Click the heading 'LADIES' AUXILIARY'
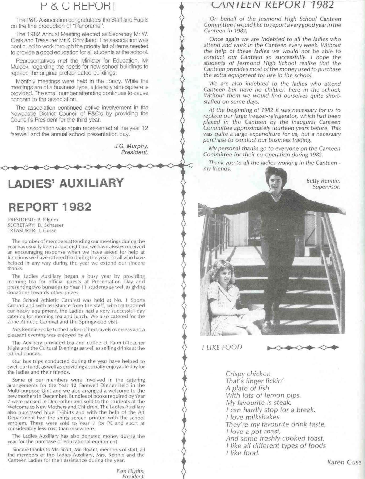pyautogui.click(x=66, y=183)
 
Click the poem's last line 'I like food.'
pyautogui.click(x=242, y=453)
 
